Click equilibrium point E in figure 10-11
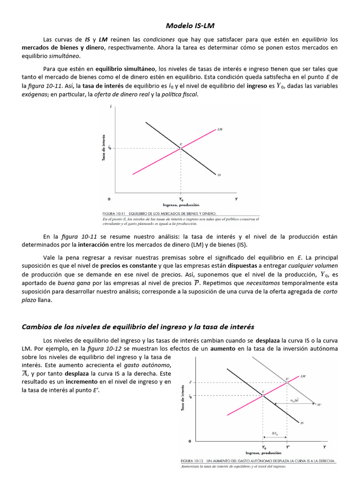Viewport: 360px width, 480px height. coord(181,148)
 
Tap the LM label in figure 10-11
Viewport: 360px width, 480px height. coord(220,128)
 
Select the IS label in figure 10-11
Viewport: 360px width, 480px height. coord(219,175)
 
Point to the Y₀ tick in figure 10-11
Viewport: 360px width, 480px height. coord(181,199)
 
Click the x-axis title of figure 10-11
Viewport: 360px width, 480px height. coord(181,205)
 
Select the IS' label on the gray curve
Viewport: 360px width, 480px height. coord(319,404)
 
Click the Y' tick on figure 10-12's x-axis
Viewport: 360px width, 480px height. coord(287,447)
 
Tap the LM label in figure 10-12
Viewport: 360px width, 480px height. coord(303,376)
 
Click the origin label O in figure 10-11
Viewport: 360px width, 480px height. coord(109,199)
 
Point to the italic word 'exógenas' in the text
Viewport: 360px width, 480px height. coord(35,95)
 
